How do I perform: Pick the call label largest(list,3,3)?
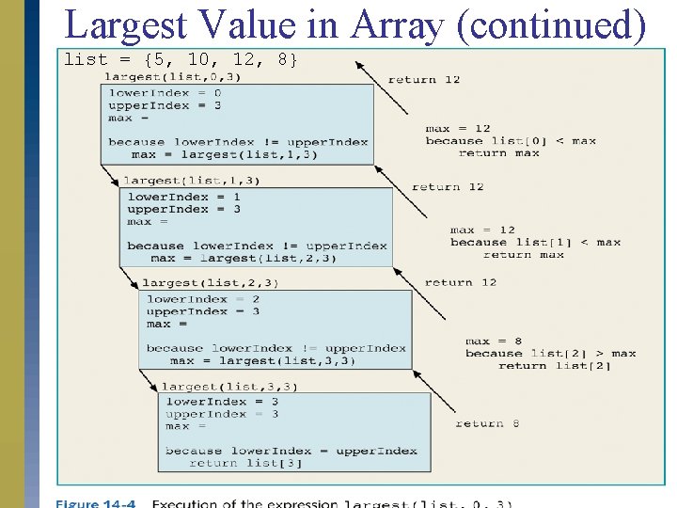pos(229,386)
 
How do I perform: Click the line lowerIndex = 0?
pos(165,93)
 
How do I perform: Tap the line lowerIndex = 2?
pos(202,299)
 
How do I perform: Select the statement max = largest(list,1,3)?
pos(224,154)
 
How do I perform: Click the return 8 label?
pos(487,423)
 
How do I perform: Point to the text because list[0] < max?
pos(511,141)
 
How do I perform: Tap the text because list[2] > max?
pos(550,354)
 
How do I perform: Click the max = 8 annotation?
pos(493,341)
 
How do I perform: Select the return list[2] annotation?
pos(554,366)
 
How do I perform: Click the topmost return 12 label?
pos(424,79)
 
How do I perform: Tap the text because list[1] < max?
pos(535,243)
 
